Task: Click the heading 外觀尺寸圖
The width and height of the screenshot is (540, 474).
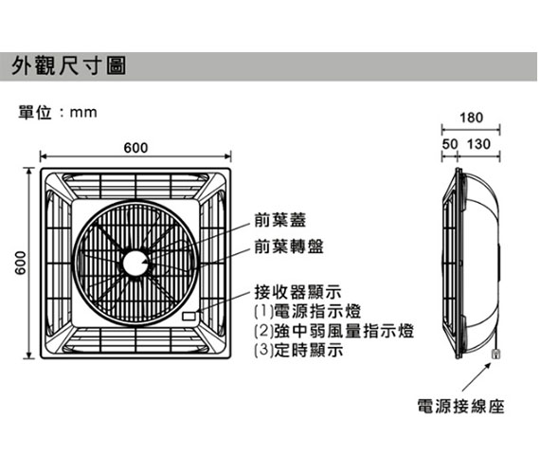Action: click(69, 65)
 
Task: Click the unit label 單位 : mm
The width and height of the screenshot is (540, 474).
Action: click(58, 113)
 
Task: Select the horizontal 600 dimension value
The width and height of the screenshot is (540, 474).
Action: click(136, 148)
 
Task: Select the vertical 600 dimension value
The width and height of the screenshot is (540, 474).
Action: click(21, 263)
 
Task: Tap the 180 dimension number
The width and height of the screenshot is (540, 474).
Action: click(472, 118)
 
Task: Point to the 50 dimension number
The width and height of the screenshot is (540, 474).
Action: click(450, 144)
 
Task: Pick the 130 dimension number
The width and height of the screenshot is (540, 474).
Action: click(478, 144)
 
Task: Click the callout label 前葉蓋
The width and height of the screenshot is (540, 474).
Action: click(279, 220)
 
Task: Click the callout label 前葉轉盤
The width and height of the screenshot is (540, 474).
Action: click(289, 246)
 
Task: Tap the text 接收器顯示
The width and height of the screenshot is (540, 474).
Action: click(297, 292)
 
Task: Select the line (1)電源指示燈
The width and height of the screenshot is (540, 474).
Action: click(307, 311)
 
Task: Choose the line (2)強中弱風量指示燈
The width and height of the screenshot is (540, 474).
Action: click(333, 331)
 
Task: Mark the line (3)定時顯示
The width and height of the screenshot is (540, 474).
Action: click(298, 350)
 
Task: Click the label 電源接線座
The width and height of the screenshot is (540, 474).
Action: click(460, 406)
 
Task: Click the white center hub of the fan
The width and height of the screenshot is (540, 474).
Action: click(135, 263)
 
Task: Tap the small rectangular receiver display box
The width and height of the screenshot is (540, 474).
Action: click(189, 316)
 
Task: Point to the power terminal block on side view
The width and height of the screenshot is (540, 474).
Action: click(495, 354)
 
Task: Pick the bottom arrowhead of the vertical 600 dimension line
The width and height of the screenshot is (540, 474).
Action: click(29, 355)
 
